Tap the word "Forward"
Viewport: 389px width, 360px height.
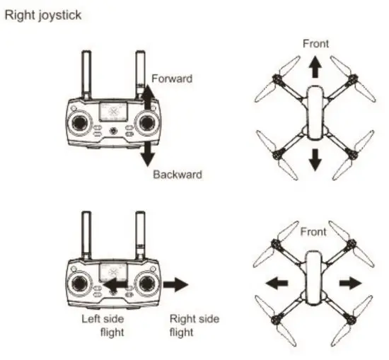pos(173,79)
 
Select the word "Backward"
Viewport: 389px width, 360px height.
pos(178,174)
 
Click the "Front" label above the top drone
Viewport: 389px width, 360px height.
pos(315,44)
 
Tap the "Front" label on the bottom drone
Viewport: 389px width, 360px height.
pos(314,231)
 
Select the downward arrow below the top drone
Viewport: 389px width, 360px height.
pos(315,160)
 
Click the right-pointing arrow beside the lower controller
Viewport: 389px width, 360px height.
pos(175,284)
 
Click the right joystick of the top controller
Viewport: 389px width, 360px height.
pos(146,123)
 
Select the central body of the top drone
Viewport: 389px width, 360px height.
pos(315,113)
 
